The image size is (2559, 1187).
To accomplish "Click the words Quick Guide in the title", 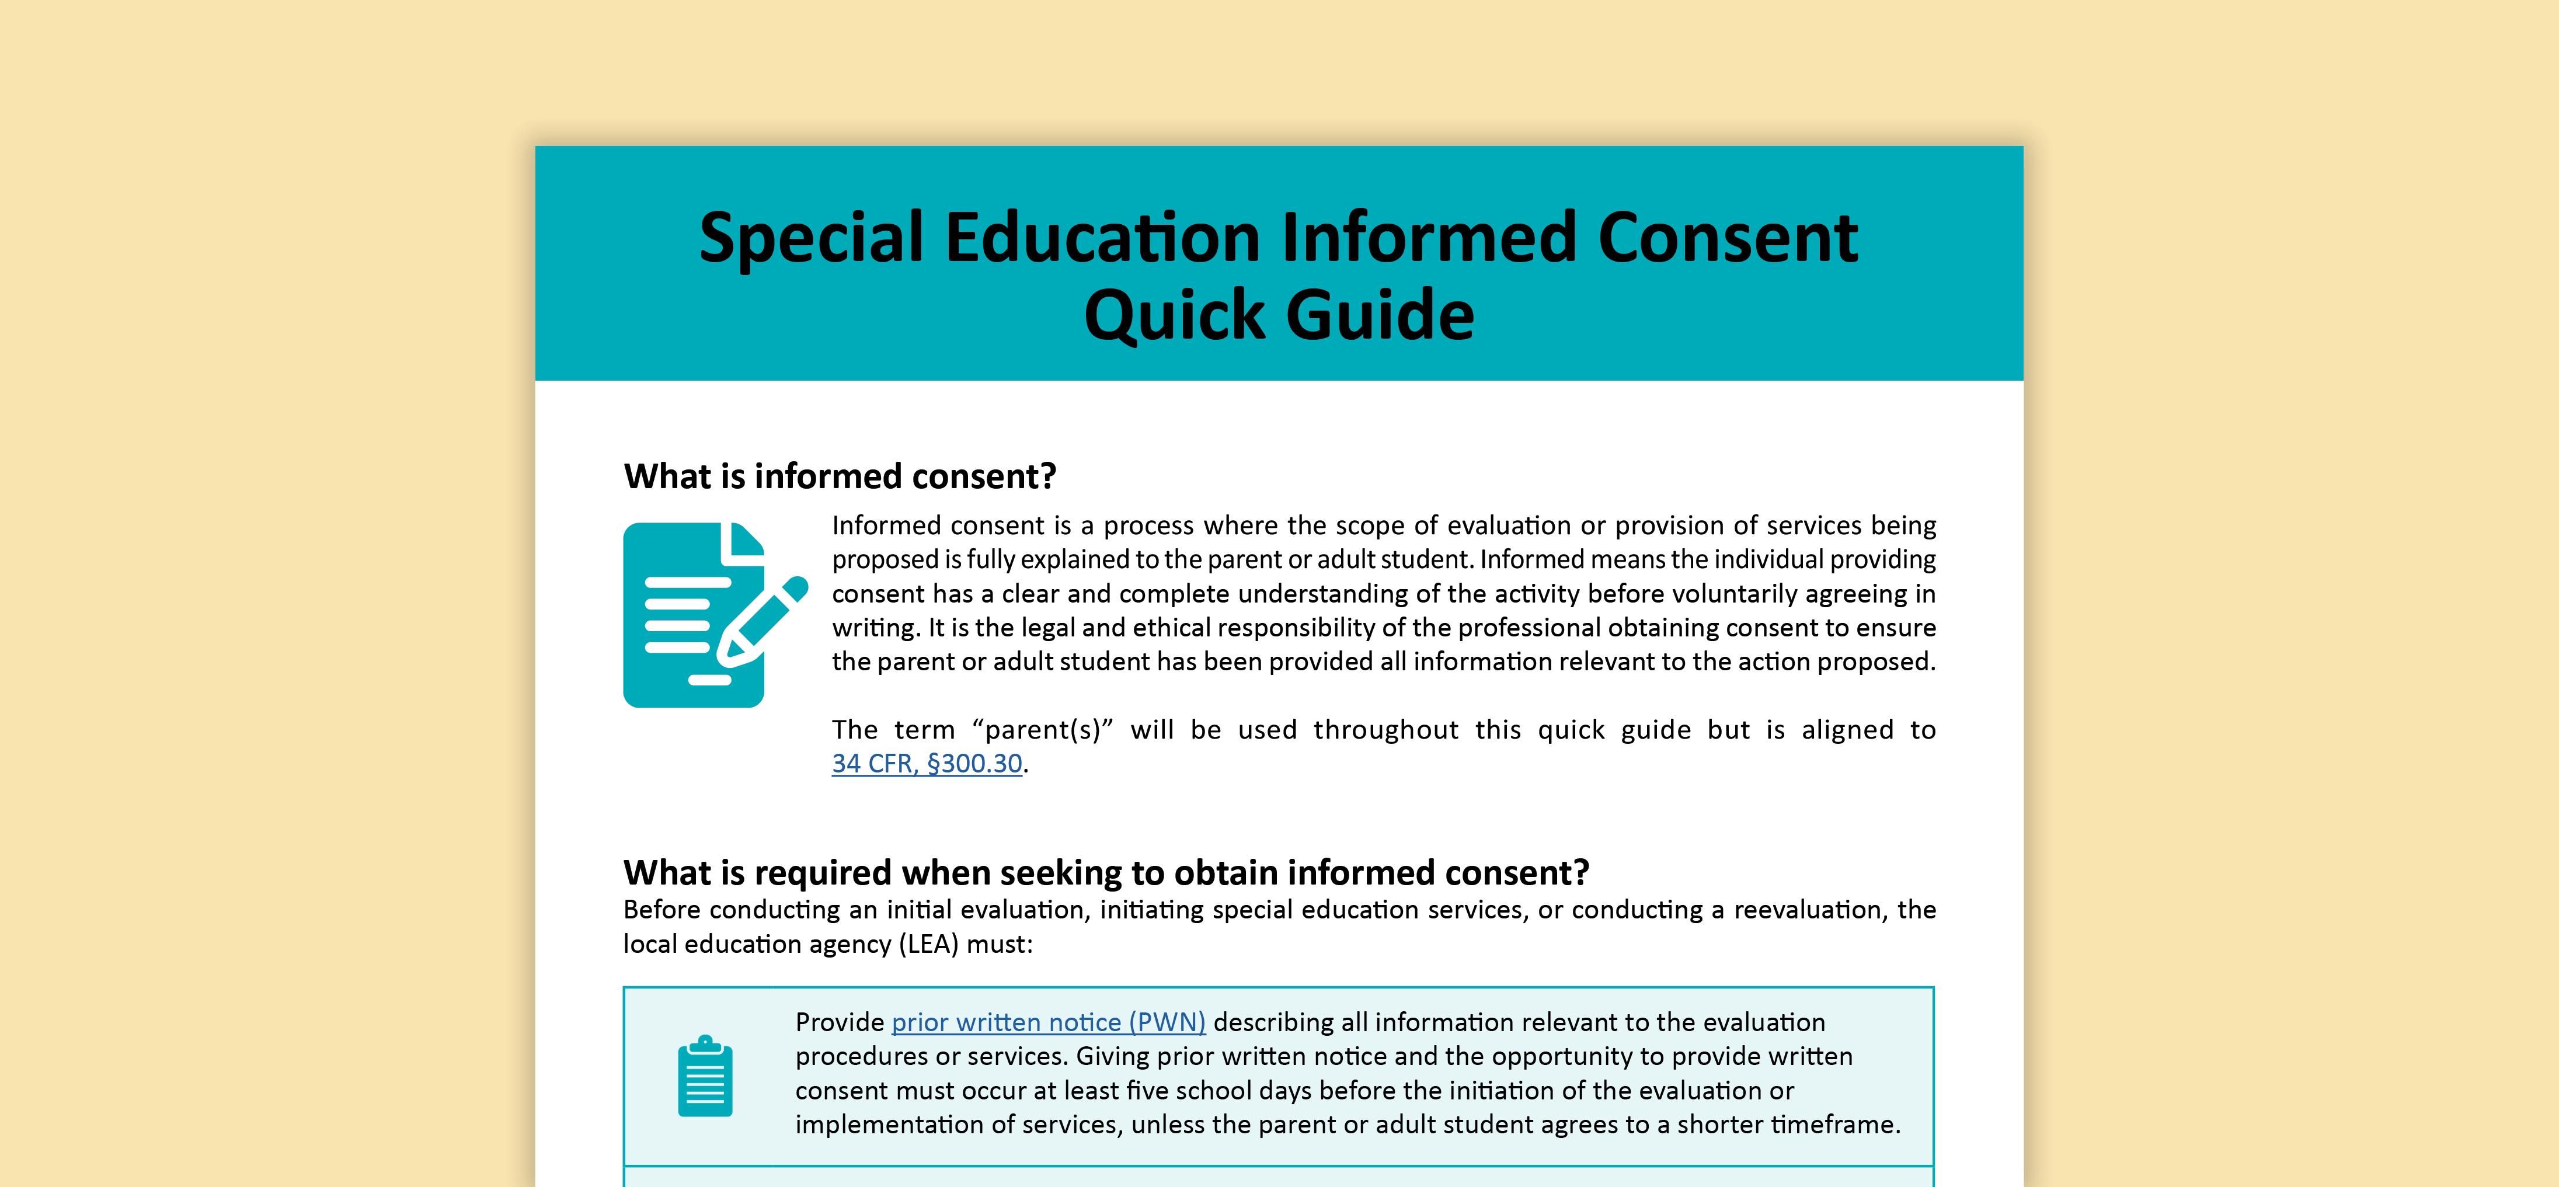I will tap(1279, 315).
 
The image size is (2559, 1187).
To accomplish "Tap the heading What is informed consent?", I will tap(840, 477).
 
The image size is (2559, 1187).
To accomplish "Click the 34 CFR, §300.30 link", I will tap(927, 764).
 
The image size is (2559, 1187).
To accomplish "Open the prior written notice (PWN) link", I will tap(1048, 1022).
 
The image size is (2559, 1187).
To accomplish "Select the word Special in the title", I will tap(810, 238).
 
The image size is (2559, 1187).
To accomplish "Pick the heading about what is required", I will tap(1106, 873).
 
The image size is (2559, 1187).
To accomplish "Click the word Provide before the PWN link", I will tap(840, 1022).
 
